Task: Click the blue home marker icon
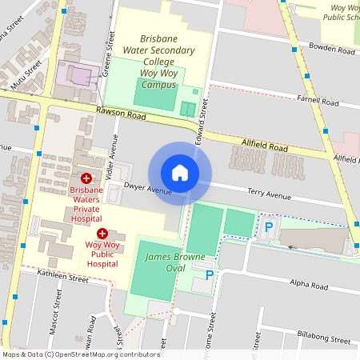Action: click(x=180, y=173)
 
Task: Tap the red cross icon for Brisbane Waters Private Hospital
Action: click(x=86, y=178)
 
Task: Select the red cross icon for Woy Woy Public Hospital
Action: click(x=102, y=233)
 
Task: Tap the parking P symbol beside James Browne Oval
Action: click(x=210, y=275)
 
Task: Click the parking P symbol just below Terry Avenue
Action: click(x=269, y=228)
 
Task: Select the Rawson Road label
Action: click(x=120, y=113)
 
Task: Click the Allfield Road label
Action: click(x=265, y=147)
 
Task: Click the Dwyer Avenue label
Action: click(x=149, y=190)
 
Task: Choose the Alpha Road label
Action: click(x=308, y=286)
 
